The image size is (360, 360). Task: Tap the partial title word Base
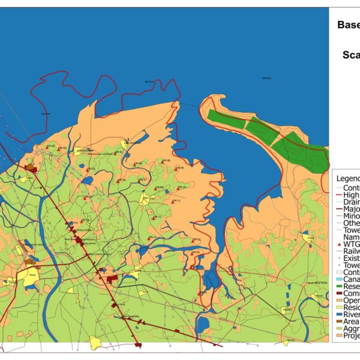click(347, 25)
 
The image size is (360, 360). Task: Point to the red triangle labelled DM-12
click(154, 217)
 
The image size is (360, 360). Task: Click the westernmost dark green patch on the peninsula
click(227, 119)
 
